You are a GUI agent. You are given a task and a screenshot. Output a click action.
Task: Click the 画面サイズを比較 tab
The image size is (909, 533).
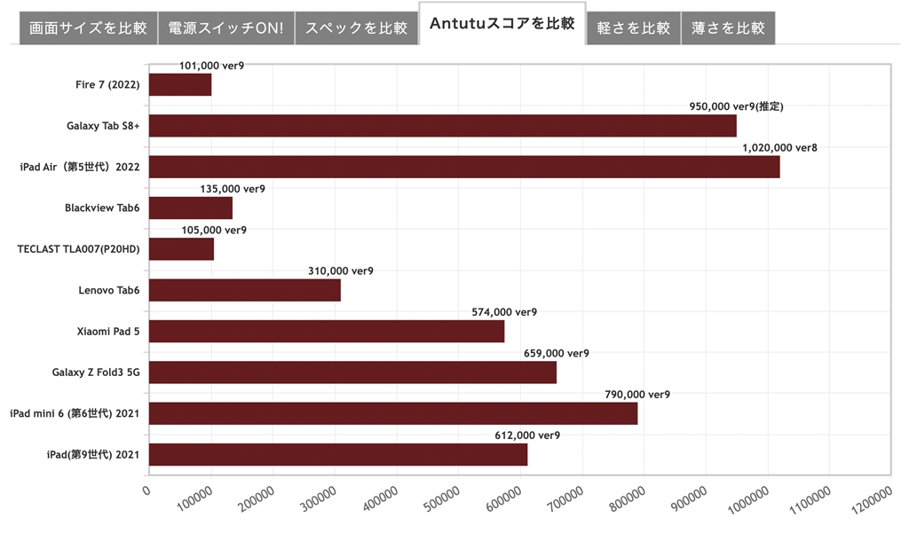(88, 27)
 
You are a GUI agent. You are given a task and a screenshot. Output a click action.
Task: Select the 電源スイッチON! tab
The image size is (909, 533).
(226, 27)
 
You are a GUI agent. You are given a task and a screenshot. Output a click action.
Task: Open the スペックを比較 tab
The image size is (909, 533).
(356, 27)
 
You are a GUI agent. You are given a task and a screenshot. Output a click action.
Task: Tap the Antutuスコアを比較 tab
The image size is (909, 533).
(502, 24)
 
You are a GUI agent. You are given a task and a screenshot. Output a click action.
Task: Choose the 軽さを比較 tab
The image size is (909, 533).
(633, 27)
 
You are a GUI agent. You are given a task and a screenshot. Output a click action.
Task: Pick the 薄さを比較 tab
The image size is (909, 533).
(728, 27)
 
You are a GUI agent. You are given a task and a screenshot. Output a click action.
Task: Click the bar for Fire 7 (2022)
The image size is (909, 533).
(180, 84)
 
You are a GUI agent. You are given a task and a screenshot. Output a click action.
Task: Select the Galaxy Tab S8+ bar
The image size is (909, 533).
(442, 126)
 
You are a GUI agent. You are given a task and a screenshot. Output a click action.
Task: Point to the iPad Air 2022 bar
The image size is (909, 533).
(464, 167)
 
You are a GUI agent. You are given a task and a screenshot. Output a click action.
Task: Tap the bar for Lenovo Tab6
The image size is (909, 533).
(245, 290)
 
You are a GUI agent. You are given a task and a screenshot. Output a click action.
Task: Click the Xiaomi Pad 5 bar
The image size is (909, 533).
(327, 331)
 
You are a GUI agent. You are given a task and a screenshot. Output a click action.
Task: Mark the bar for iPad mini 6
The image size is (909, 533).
(393, 413)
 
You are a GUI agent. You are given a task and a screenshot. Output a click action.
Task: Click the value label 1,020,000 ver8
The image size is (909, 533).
(779, 148)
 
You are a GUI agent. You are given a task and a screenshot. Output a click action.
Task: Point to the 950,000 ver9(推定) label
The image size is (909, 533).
(736, 106)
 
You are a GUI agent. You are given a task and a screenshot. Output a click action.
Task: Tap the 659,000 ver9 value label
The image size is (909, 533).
(556, 353)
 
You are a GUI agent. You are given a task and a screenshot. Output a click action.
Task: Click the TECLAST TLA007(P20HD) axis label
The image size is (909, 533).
(78, 249)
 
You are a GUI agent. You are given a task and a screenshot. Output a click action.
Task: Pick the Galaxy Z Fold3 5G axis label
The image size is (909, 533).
(96, 372)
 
